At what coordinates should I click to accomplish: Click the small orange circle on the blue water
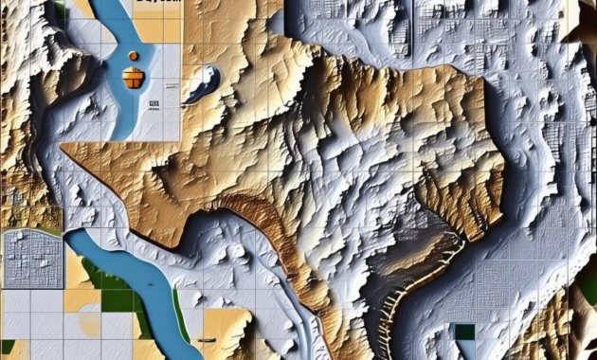click(x=133, y=56)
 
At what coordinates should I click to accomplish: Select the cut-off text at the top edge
click(x=156, y=3)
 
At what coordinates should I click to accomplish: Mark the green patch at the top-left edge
click(x=60, y=11)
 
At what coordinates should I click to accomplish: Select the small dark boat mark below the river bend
click(x=206, y=338)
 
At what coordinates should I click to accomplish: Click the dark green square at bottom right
click(x=463, y=332)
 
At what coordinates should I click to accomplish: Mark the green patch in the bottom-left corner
click(x=8, y=347)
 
